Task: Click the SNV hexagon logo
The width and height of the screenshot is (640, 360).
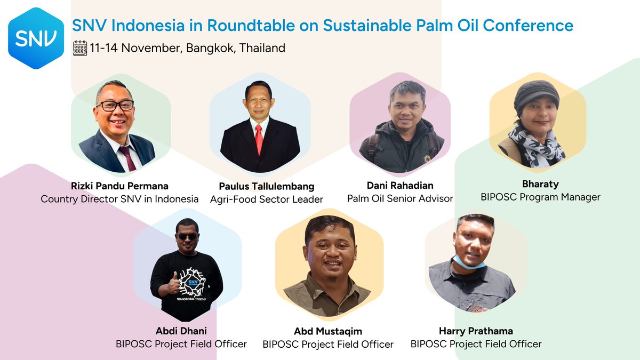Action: coord(36,38)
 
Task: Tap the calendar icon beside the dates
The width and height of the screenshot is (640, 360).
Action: coord(80,48)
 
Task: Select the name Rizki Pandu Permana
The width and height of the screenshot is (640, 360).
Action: coord(119,186)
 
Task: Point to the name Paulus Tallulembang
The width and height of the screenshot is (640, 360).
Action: coord(266,187)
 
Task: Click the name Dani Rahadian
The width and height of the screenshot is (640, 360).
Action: coord(400,186)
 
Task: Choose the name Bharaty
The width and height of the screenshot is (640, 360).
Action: coord(540,184)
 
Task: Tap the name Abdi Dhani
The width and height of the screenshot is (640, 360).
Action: coord(181,331)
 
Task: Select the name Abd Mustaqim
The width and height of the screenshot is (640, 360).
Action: coord(328,331)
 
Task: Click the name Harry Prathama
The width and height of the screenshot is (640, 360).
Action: coord(476,331)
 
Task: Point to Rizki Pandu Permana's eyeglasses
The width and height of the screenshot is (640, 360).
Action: coord(115,105)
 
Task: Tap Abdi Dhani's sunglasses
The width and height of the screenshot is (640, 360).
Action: coord(187,237)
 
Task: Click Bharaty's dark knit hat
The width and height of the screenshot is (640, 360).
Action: coord(536,95)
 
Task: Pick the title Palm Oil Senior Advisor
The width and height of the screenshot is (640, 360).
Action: coord(400,198)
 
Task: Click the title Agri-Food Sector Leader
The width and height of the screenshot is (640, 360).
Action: coord(266,199)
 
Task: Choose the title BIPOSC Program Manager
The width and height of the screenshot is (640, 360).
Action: coord(540,197)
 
